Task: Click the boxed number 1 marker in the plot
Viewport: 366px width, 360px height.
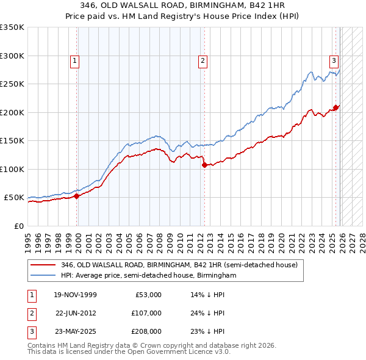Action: pos(74,60)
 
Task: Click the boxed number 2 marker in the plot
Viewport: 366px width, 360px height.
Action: pos(202,60)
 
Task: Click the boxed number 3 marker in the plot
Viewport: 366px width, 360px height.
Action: pos(334,60)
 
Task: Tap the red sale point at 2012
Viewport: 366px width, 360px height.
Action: pos(204,165)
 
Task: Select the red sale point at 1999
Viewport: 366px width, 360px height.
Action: pos(77,196)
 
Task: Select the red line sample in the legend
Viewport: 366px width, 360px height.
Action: pos(43,265)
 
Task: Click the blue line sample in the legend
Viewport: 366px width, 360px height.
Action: pos(43,276)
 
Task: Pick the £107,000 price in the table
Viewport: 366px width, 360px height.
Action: pos(146,313)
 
